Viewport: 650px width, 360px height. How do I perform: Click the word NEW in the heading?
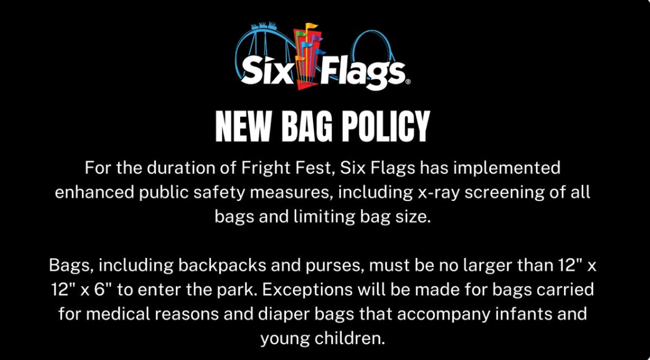coord(243,126)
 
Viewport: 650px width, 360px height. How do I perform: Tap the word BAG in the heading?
coord(307,126)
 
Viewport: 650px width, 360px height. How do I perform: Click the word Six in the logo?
coord(267,71)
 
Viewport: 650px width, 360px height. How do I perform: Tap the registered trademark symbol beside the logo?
coord(408,82)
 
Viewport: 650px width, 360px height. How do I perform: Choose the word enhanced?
coord(95,193)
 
